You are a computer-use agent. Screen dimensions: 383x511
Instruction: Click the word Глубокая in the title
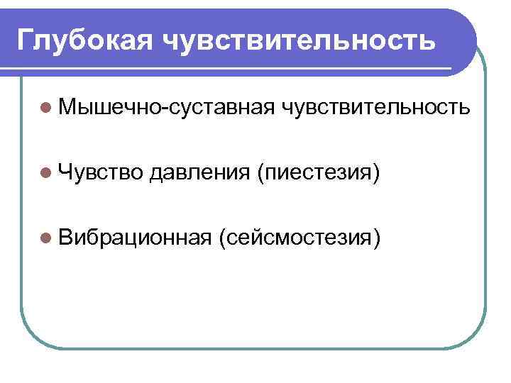click(x=84, y=39)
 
